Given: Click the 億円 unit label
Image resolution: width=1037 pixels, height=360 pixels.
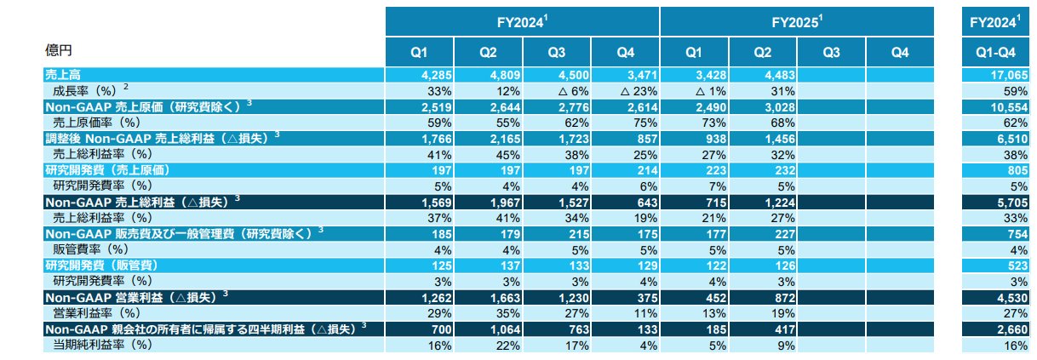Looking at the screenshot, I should [x=59, y=50].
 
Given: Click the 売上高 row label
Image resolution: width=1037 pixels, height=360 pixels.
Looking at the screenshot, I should [x=59, y=75].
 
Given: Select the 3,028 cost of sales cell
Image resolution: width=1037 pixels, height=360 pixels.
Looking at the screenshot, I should [x=764, y=107].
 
